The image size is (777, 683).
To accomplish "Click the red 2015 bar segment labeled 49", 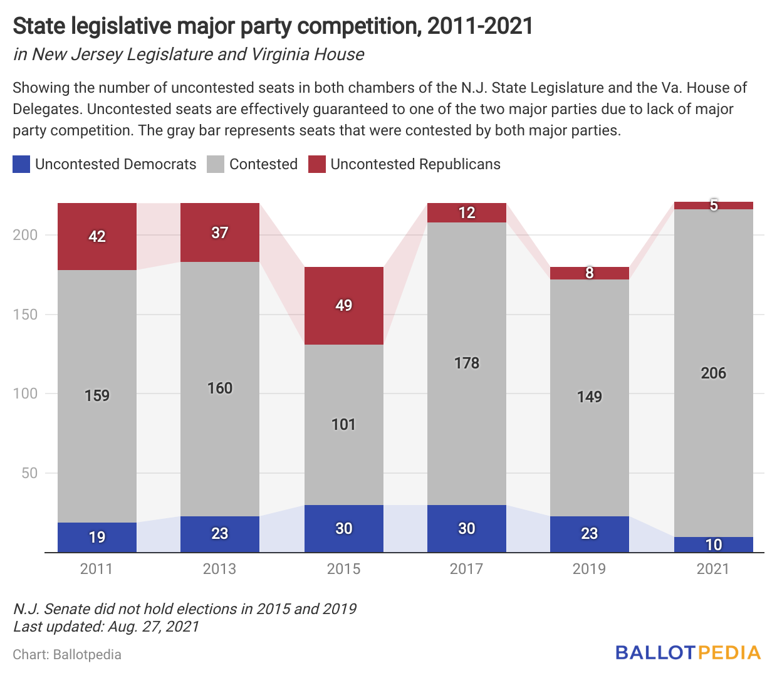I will coord(343,306).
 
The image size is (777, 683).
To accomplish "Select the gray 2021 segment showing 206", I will coord(713,373).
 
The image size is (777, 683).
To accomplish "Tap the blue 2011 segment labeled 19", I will coord(97,537).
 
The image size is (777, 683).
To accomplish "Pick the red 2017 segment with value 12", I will coord(467,213).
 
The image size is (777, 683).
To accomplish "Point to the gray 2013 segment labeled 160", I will coord(220,388).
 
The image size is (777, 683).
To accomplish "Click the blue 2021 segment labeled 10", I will coord(713,545).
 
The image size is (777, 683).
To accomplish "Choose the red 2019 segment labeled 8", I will coord(590,273).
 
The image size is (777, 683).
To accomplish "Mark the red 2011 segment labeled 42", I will coord(97,236).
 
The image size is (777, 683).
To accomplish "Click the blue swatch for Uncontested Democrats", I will coord(21,164).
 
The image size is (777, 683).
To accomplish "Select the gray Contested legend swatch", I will coord(216,164).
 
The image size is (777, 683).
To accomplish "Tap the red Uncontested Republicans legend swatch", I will coord(317,164).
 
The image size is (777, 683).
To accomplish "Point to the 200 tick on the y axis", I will coord(25,235).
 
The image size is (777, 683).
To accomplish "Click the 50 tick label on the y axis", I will coord(29,473).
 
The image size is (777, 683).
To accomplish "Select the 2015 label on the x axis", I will coord(343,569).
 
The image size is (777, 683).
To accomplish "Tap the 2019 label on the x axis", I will coord(589,569).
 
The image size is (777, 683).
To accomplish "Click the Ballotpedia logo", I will coord(687,653).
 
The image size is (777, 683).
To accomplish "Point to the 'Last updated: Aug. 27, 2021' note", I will coord(106,627).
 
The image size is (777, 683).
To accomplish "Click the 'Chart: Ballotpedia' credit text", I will coord(67,655).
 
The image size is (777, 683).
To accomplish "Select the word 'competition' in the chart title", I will coord(357,26).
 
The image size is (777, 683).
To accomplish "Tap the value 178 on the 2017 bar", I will coord(467,363).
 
